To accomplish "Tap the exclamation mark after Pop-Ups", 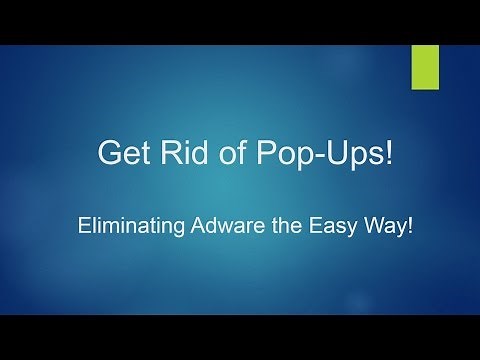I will (379, 155).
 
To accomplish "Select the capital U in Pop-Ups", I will (324, 155).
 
